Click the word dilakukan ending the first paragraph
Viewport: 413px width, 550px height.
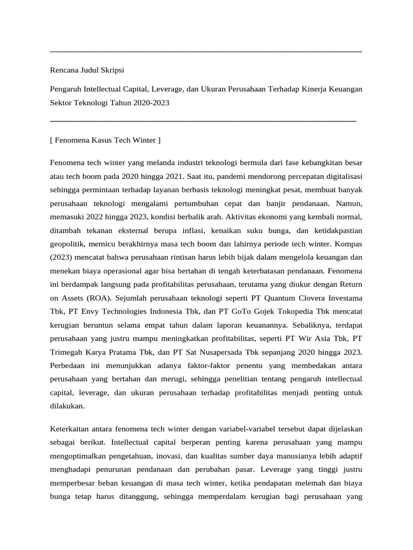[67, 407]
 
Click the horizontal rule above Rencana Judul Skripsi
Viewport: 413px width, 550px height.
[205, 52]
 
